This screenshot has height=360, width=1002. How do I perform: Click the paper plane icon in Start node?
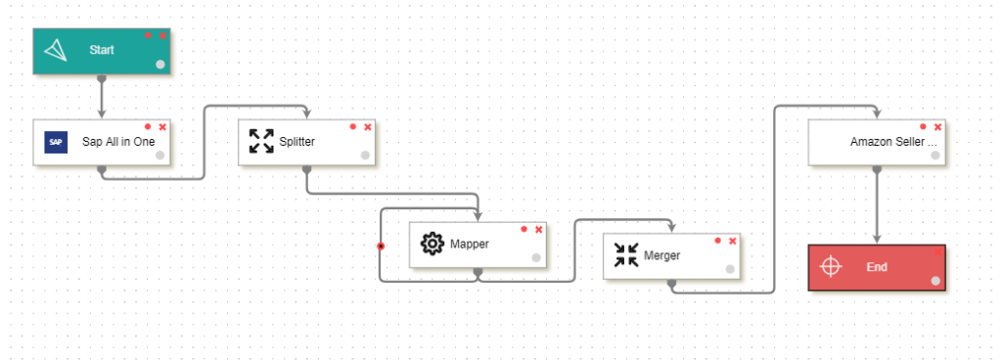[58, 50]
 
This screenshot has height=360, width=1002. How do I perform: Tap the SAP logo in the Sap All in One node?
[57, 142]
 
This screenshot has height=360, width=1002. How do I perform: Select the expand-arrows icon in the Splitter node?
[261, 141]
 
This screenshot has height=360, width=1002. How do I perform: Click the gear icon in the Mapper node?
[432, 244]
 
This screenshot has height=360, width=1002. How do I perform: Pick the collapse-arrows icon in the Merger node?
[625, 255]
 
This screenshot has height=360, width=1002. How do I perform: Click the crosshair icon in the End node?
[831, 266]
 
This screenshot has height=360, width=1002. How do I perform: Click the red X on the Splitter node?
[368, 126]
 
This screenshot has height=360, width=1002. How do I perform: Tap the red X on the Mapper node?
[538, 229]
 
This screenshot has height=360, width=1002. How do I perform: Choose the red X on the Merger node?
[732, 241]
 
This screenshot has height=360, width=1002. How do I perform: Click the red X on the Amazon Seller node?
[937, 126]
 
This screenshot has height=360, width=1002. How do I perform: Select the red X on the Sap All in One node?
[162, 126]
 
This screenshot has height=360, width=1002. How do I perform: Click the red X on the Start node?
[162, 35]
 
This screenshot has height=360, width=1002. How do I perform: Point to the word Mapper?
[469, 244]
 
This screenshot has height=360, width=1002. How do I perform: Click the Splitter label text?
[297, 142]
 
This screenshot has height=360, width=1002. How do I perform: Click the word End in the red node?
[877, 266]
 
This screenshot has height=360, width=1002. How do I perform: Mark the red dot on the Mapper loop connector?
[381, 246]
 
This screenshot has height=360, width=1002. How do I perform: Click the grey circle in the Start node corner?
[160, 64]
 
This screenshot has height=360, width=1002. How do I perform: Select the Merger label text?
[661, 256]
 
